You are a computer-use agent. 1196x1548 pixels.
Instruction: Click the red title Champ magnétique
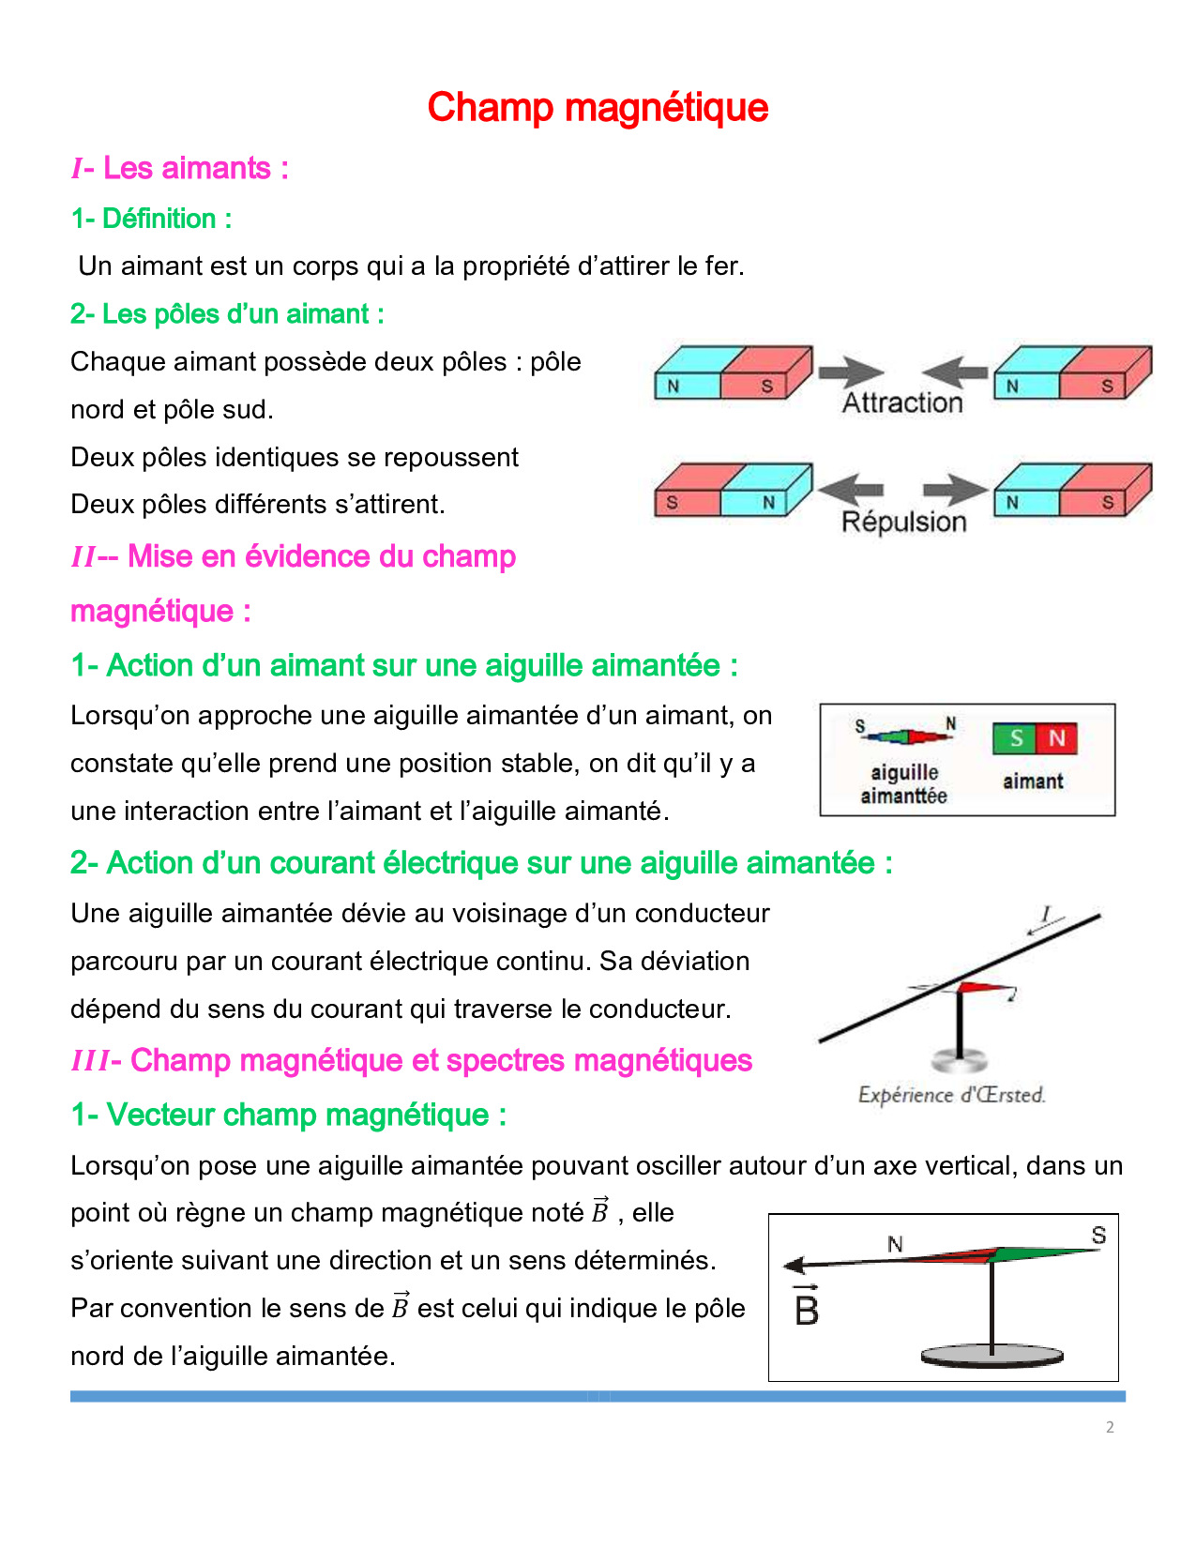pos(598,108)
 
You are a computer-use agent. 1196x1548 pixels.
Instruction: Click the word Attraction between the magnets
pos(902,402)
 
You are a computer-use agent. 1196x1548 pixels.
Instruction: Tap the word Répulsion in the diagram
pos(903,522)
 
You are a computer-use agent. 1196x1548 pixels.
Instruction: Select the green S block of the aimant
pos(1015,738)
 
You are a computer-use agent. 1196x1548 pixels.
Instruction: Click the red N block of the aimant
pos(1057,738)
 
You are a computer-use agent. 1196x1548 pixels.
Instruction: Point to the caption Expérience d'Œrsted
pos(951,1095)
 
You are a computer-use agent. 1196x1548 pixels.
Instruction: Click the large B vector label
pos(807,1308)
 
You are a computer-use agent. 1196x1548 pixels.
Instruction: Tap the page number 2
pos(1110,1427)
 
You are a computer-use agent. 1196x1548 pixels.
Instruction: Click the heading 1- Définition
pos(151,219)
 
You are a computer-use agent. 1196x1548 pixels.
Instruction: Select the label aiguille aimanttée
pos(903,783)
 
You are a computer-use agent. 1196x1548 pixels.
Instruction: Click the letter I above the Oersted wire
pos(1046,913)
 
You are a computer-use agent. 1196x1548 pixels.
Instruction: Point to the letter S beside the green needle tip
pos(1098,1236)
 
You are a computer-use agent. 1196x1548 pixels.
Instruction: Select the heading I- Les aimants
pos(179,169)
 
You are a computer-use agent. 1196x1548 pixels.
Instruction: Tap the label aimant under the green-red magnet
pos(1033,782)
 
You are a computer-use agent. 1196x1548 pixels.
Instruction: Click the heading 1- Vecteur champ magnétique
pos(288,1115)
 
